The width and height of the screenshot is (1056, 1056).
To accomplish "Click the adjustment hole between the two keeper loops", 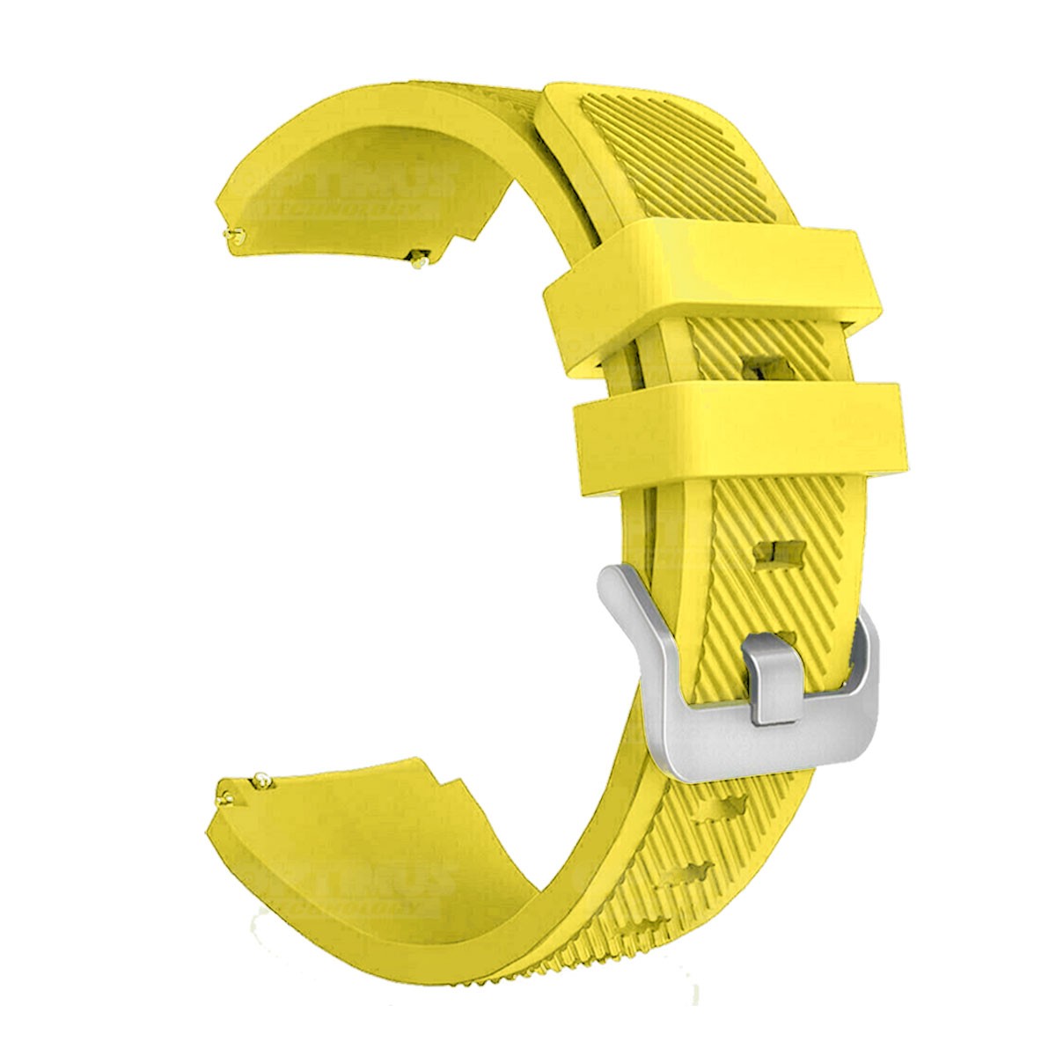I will [x=759, y=365].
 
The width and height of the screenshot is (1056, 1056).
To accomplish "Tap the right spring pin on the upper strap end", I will [x=420, y=258].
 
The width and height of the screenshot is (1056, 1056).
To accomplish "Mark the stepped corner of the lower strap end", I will [x=431, y=774].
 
